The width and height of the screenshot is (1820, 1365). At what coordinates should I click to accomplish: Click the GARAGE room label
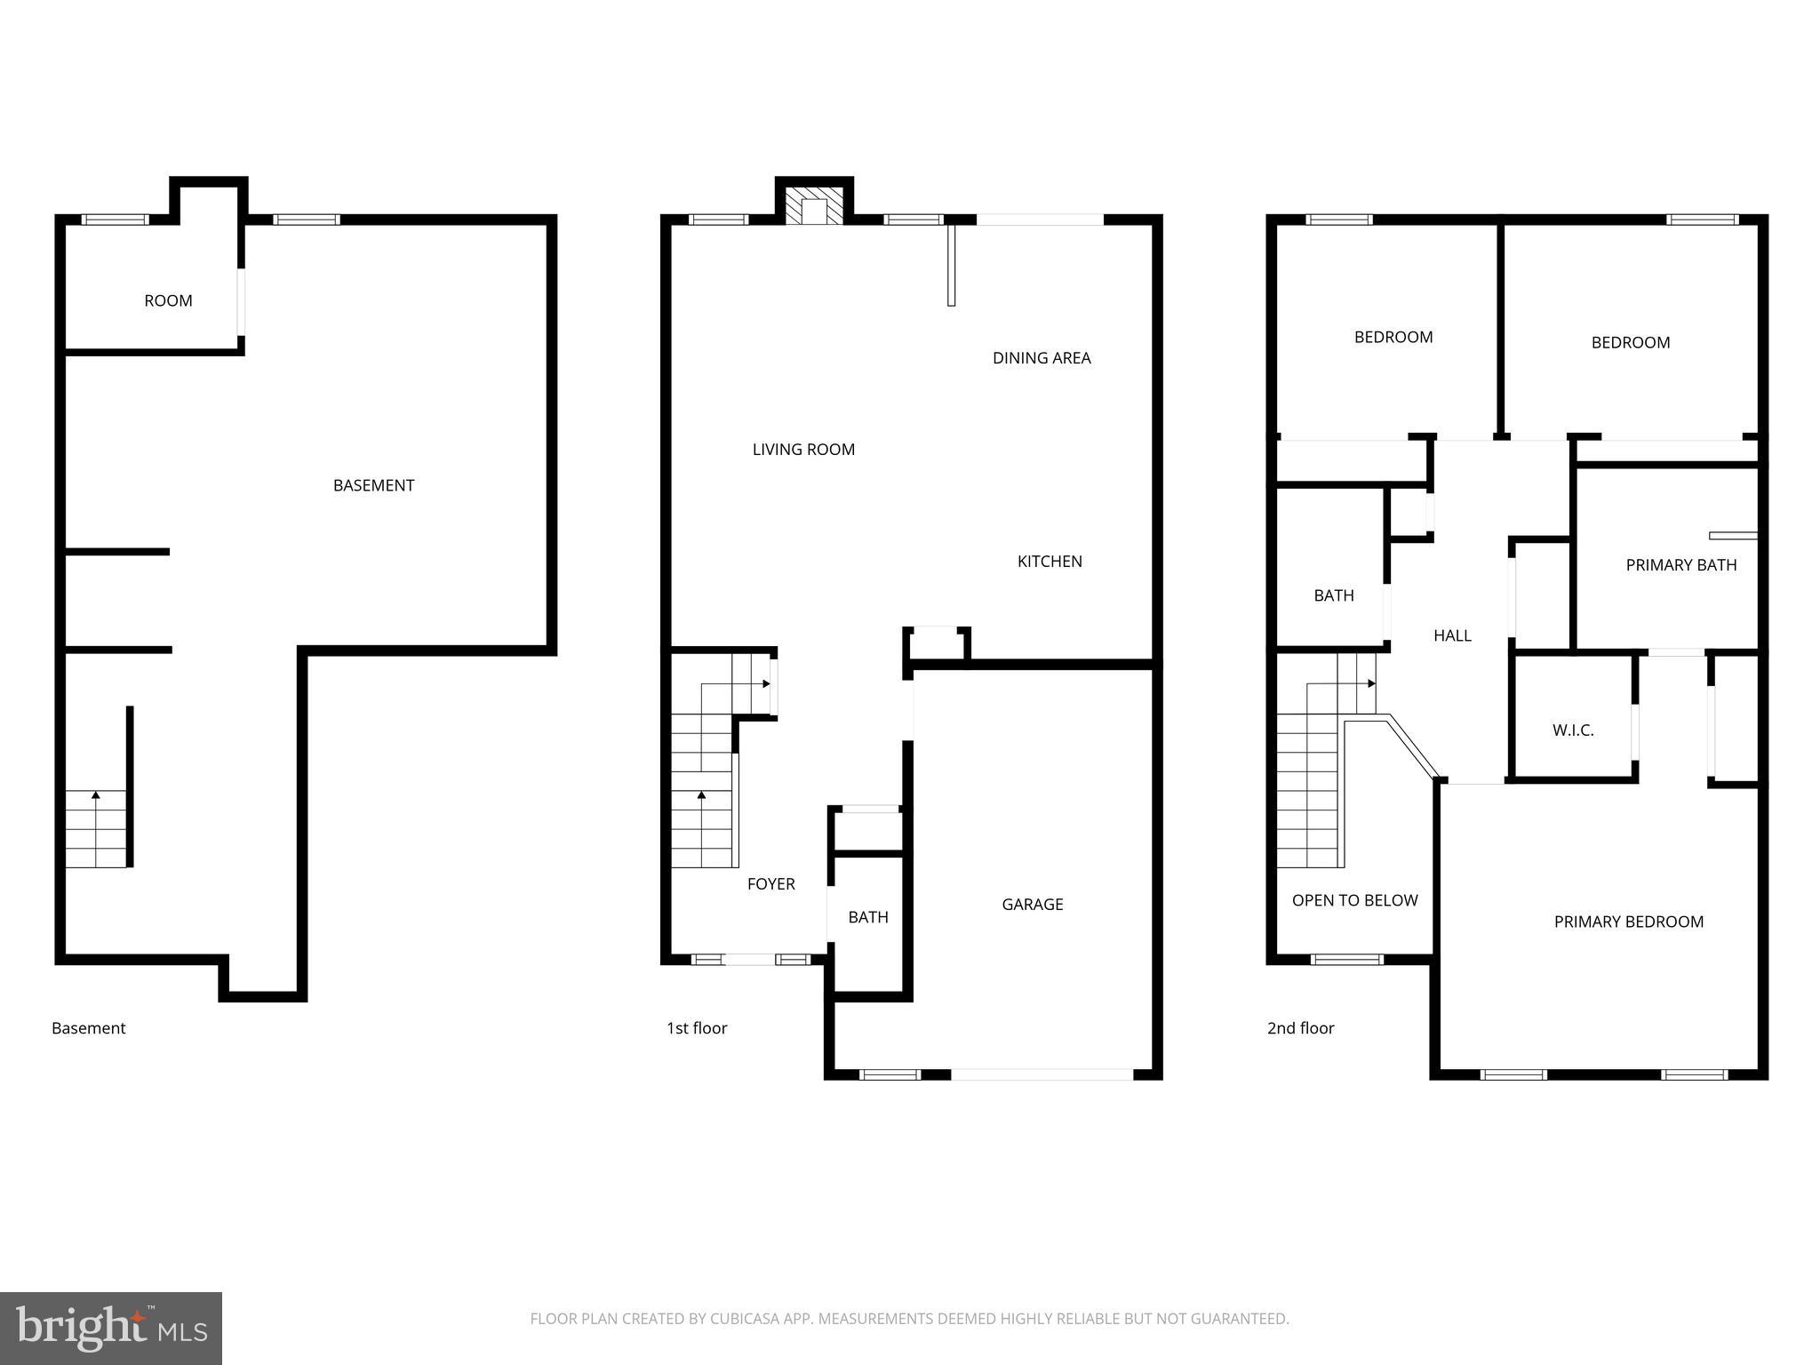(1032, 904)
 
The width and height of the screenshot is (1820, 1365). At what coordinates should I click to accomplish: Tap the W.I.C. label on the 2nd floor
(1572, 730)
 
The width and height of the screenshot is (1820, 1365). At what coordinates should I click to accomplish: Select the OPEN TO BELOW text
(1354, 899)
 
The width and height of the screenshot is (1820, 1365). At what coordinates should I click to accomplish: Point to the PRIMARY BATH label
(1680, 564)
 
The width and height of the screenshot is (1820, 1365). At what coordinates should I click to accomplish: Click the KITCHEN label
(1049, 561)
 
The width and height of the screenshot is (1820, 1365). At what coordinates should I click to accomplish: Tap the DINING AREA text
(1041, 357)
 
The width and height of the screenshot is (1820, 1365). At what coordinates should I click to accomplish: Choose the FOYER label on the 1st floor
(770, 883)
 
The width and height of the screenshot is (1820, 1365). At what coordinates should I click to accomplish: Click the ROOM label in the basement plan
(168, 300)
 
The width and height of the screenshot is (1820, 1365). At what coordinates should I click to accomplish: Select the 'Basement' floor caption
(88, 1027)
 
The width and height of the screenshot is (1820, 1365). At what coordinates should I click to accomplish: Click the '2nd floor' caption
(1300, 1027)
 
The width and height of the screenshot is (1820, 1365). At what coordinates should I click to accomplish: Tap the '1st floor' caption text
(697, 1027)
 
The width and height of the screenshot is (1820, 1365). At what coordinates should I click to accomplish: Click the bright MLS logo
(111, 1328)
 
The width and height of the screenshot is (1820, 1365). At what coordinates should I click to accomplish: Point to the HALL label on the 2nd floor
(1452, 635)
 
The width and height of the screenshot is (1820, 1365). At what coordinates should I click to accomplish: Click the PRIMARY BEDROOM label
(1628, 922)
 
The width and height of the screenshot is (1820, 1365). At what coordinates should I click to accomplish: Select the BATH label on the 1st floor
(867, 916)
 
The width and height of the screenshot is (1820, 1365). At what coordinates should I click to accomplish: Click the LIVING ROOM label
(803, 449)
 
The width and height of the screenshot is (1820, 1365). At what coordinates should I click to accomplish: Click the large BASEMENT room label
(373, 484)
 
